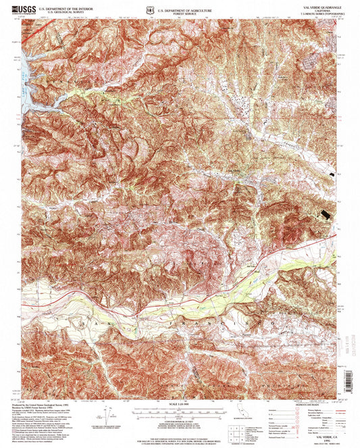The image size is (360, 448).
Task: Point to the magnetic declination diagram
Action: tap(106, 413)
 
